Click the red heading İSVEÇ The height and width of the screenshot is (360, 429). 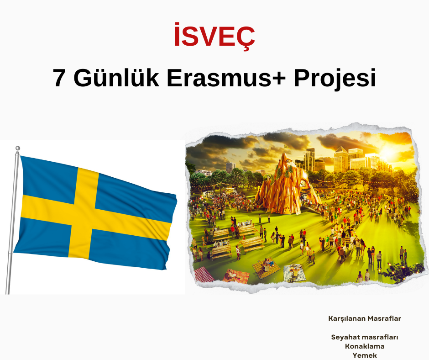coord(214,36)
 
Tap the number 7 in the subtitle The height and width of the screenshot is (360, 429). coord(58,78)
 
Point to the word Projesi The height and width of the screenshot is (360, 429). coord(335,79)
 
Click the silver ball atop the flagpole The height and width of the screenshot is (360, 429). coord(17,148)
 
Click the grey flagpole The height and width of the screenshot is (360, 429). coord(12,221)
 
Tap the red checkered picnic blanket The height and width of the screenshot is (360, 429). coord(203,274)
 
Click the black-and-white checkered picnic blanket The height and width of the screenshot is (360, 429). coord(294,272)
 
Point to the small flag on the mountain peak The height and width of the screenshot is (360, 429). coord(286,146)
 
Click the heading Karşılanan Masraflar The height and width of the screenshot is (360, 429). coord(365,318)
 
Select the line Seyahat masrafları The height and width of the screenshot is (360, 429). coord(365,337)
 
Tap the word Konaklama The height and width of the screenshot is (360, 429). coord(365,346)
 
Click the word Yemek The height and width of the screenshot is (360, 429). coord(365,355)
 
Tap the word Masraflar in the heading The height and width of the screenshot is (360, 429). coord(384,318)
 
